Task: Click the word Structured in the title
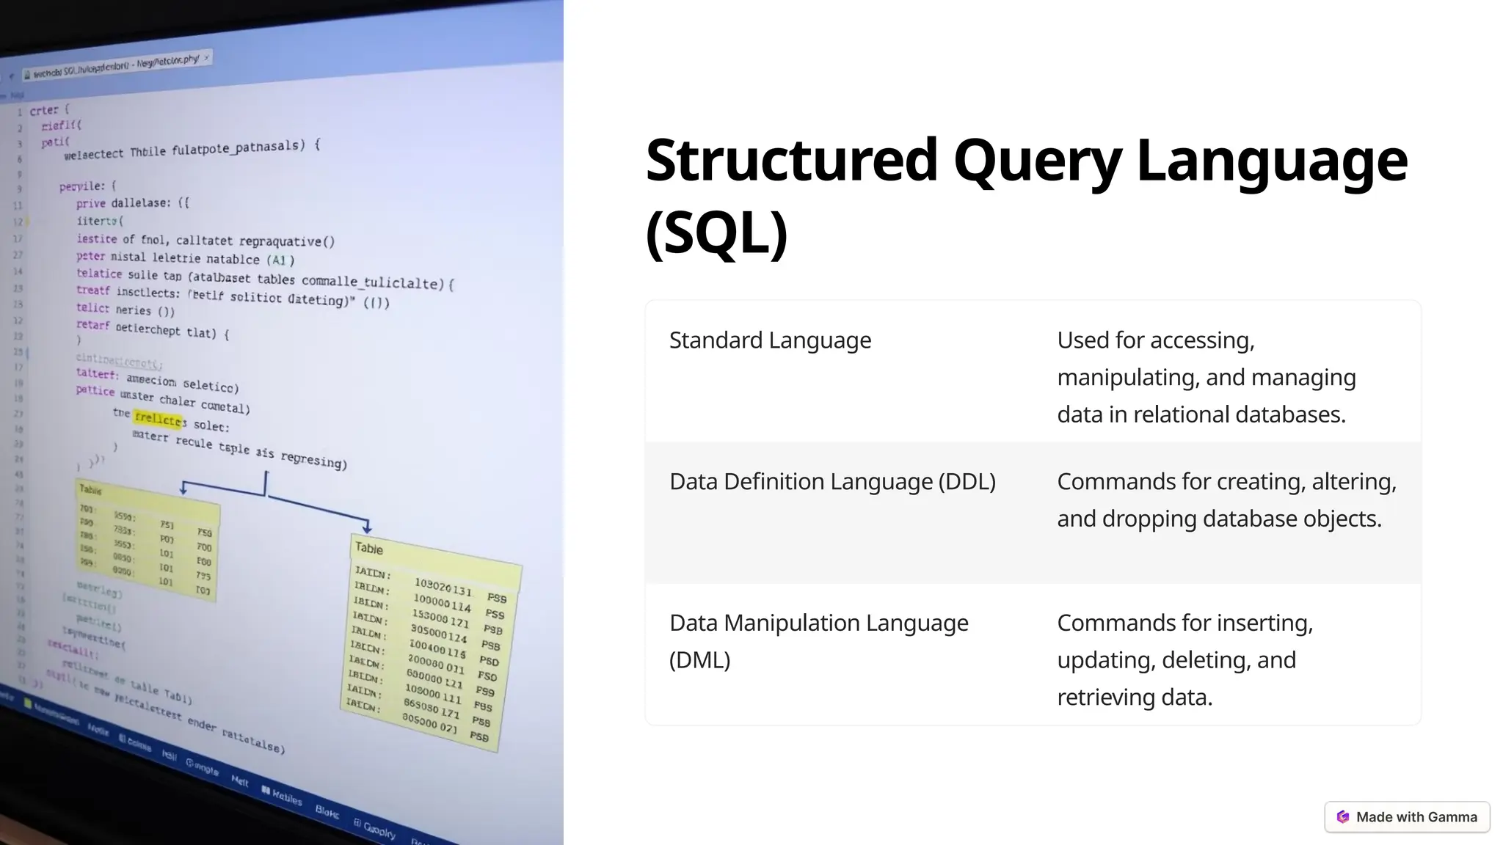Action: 791,161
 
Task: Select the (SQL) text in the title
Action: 716,233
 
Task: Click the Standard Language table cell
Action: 770,340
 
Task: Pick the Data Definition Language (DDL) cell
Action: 832,482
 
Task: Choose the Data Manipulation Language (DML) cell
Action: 818,640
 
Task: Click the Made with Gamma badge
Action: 1407,817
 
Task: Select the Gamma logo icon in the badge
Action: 1343,817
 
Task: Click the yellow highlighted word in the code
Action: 159,419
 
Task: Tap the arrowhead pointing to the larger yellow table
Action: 367,527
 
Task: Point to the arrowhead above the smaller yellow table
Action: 183,489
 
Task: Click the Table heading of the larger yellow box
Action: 369,549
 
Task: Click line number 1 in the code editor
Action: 20,112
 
